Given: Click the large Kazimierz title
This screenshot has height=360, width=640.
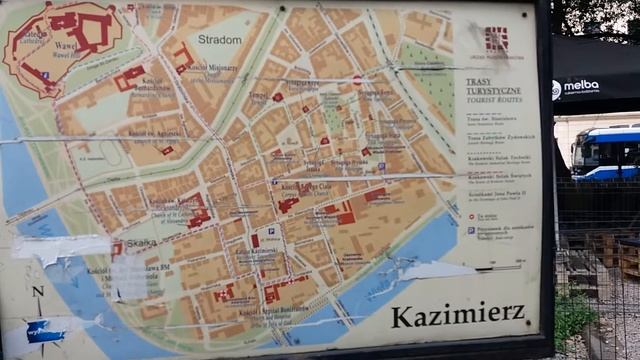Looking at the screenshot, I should pyautogui.click(x=458, y=315).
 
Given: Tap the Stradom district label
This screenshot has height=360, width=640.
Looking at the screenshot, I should pyautogui.click(x=219, y=40).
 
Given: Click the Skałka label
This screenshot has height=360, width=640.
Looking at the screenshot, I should pyautogui.click(x=142, y=243).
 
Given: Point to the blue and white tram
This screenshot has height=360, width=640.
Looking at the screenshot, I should pyautogui.click(x=605, y=153).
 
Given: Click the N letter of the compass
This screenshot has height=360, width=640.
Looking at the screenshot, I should pyautogui.click(x=38, y=293).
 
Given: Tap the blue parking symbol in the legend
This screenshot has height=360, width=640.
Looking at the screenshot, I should pyautogui.click(x=471, y=230).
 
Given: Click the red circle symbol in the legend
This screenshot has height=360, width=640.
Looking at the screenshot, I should pyautogui.click(x=471, y=214).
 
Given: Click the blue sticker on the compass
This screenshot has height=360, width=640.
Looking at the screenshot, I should pyautogui.click(x=45, y=331).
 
